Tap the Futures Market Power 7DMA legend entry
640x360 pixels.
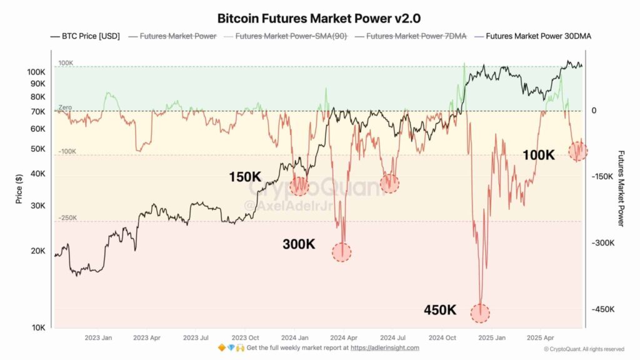416,36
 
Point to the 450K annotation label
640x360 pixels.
440,310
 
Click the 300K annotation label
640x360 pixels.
299,244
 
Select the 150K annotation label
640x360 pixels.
246,177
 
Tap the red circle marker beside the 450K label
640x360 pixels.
480,312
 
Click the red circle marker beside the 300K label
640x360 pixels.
342,252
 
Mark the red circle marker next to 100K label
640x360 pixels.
578,150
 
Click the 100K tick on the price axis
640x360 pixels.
35,72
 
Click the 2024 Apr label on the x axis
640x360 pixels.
342,337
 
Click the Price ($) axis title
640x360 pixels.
19,187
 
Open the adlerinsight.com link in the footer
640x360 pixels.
385,347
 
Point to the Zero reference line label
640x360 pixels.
65,107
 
